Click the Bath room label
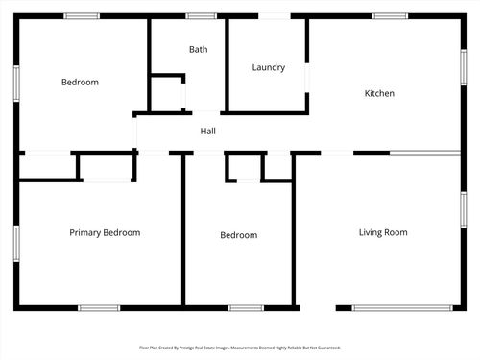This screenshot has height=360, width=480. point(199,49)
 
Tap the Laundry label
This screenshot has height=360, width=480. point(269,67)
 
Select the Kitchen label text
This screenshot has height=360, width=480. point(379,93)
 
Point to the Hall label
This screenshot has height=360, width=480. point(208,131)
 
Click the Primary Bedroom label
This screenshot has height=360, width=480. point(105,232)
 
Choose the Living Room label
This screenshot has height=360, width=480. point(383,232)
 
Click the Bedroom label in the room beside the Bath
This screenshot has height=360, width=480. point(80,82)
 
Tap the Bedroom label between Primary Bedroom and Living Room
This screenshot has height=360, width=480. point(238,235)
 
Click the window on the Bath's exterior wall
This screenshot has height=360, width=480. point(201,16)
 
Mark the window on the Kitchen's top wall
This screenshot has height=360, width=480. point(390,16)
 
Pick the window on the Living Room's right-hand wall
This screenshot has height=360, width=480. point(463,208)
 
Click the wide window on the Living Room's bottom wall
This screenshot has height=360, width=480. point(390,308)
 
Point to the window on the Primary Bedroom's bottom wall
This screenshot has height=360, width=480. point(99,308)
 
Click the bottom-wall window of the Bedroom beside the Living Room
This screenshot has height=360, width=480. point(246,308)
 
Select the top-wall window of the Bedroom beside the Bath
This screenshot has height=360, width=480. point(82,16)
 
